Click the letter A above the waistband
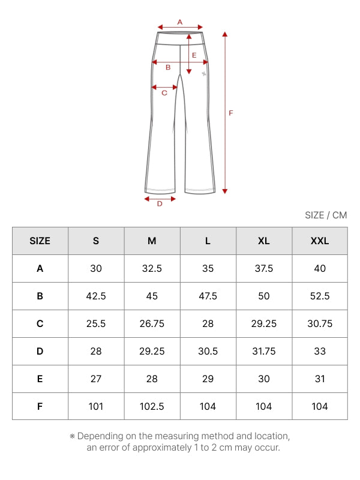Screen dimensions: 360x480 179,22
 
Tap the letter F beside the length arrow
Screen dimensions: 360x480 231,113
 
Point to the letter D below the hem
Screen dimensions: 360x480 160,204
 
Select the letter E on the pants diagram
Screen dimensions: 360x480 194,55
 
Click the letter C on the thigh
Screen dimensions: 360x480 164,93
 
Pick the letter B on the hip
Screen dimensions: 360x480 168,67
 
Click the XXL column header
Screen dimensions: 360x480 320,241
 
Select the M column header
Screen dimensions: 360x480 152,241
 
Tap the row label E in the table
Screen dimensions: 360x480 40,379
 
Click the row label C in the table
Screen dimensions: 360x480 40,323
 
